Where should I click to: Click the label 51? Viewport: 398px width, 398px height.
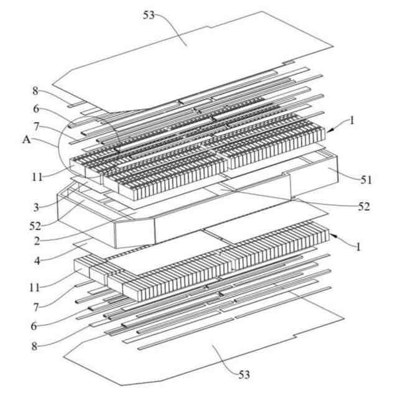366,180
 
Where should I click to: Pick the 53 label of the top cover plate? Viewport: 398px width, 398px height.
150,15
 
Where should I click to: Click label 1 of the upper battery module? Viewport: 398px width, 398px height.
352,123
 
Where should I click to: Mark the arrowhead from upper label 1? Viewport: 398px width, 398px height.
330,131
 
